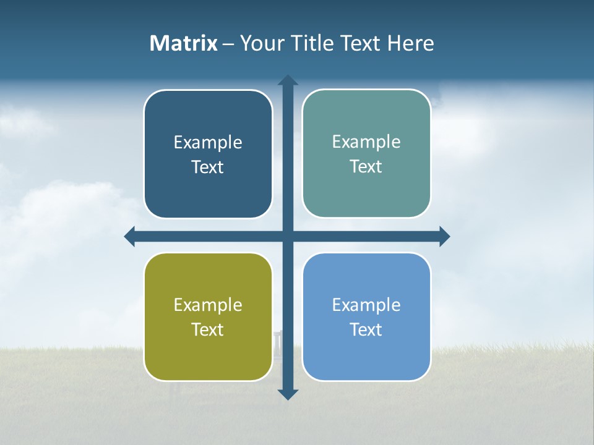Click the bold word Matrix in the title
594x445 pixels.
(184, 43)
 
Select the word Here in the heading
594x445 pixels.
(410, 43)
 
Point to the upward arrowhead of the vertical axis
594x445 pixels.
(288, 81)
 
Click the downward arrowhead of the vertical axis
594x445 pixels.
(288, 394)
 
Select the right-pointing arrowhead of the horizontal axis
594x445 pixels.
(444, 236)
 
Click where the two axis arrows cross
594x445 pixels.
(288, 236)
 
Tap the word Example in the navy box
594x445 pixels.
(208, 143)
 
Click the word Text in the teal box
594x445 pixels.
(366, 167)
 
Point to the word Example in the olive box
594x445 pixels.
(208, 305)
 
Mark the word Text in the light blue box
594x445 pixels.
(366, 330)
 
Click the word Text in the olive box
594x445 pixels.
(208, 330)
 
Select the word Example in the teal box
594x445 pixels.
(366, 142)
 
